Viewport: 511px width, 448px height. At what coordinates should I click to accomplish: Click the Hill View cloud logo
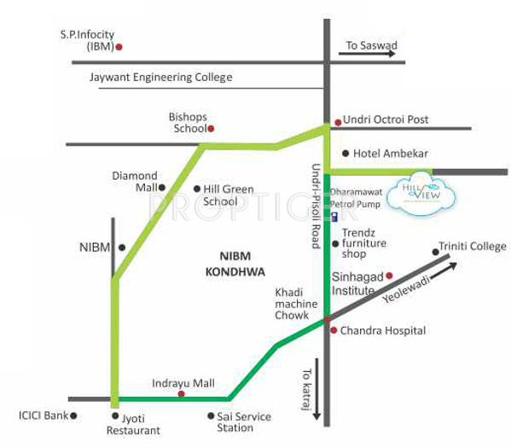pos(424,193)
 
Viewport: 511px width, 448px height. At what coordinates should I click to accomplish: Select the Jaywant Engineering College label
pos(160,77)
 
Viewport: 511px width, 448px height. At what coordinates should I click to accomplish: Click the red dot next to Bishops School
pos(212,129)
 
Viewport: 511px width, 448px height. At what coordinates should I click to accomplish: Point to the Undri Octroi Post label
pos(386,120)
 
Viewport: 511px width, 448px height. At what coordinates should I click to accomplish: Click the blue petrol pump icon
pos(334,217)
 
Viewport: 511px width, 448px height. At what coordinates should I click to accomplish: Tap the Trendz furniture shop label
pos(364,242)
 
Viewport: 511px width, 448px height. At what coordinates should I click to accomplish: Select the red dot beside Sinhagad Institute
pos(389,275)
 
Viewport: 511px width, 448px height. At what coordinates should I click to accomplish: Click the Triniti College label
pos(472,247)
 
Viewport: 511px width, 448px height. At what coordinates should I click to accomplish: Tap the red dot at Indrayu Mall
pos(181,395)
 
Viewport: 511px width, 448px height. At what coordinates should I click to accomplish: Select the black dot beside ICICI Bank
pos(74,416)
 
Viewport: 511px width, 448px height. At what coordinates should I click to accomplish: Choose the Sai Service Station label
pos(245,422)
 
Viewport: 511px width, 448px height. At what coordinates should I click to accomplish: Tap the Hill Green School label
pos(228,195)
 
